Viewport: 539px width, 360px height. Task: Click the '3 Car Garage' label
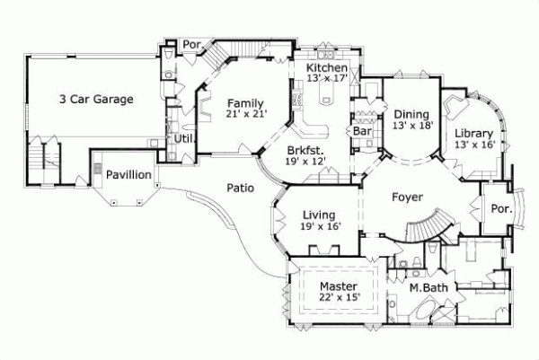[x=97, y=99]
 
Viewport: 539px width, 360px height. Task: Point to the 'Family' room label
[x=244, y=102]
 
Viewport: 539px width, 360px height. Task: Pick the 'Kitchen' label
[x=327, y=68]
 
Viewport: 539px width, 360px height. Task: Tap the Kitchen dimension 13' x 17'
[x=327, y=80]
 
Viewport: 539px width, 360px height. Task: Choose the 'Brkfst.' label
[x=305, y=150]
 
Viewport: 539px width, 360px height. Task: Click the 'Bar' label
[x=363, y=131]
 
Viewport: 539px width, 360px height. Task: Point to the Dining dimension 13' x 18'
[x=412, y=126]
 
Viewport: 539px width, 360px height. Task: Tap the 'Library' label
[x=474, y=133]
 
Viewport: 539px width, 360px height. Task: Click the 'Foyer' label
[x=408, y=197]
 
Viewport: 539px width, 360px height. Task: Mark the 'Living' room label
[x=319, y=215]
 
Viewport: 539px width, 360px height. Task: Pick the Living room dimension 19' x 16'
[x=319, y=228]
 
